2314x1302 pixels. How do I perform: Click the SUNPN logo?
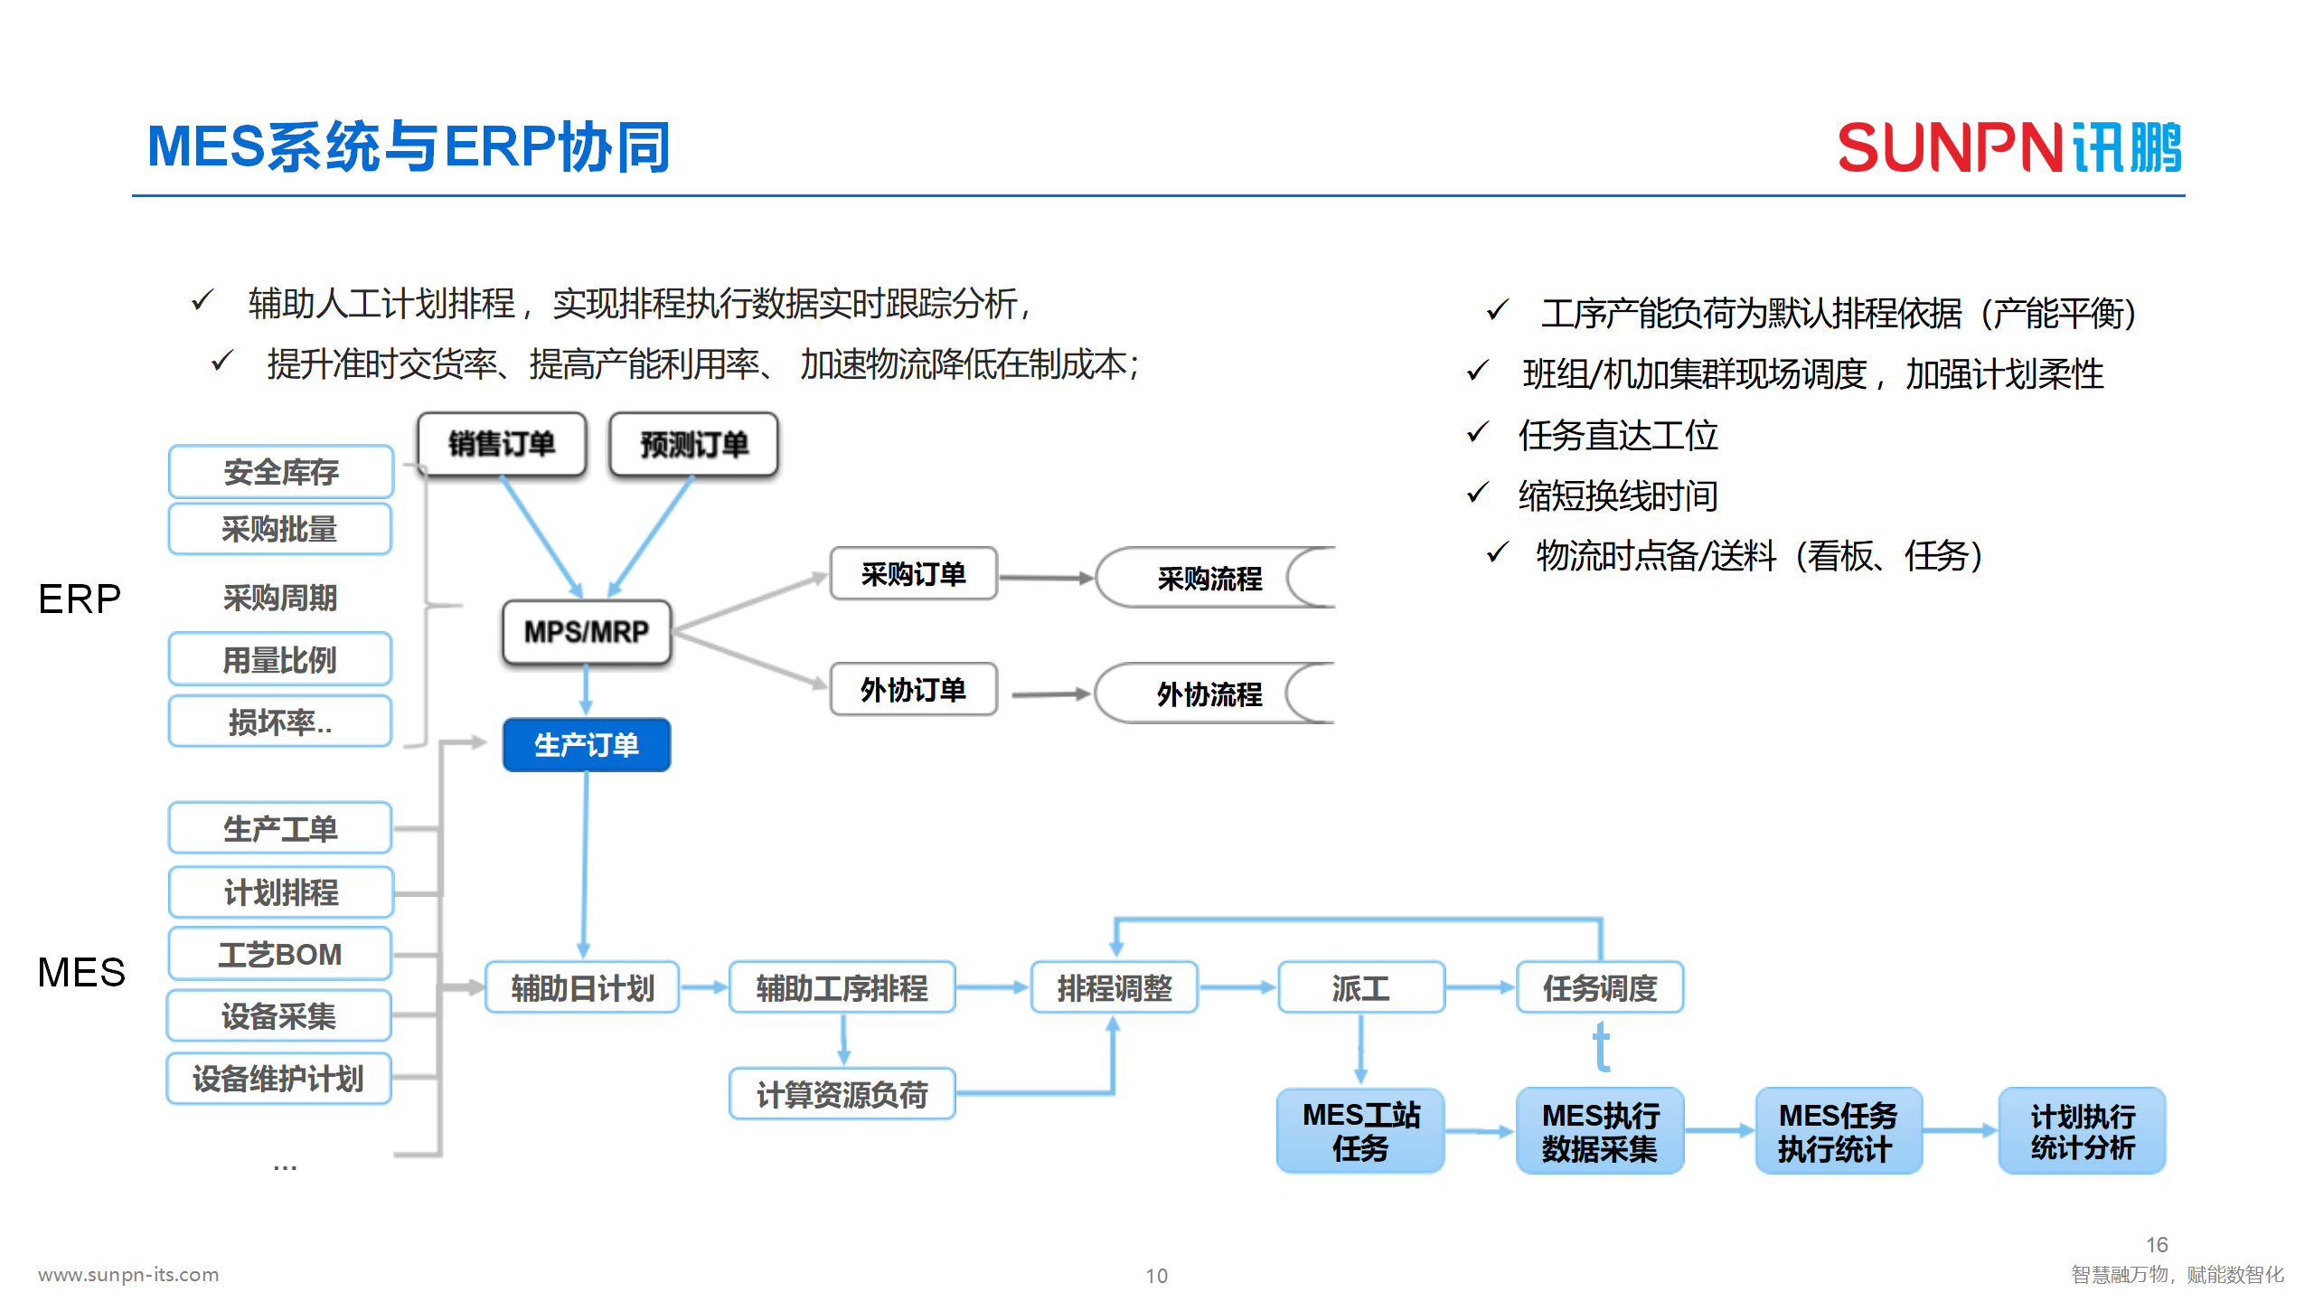point(2008,147)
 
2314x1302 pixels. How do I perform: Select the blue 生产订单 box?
point(587,745)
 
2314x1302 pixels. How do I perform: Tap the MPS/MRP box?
point(587,632)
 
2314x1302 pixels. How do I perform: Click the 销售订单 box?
point(502,444)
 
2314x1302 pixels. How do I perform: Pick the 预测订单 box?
point(694,444)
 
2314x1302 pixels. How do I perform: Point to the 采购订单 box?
point(913,574)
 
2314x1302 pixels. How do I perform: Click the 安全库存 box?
point(280,471)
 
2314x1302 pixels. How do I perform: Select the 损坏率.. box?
point(280,722)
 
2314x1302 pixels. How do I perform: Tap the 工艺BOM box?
point(280,954)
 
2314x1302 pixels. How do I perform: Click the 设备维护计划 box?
point(278,1079)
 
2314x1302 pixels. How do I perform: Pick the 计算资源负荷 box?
point(842,1095)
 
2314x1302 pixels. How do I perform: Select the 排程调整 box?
point(1115,988)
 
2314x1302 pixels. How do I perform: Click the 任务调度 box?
point(1599,988)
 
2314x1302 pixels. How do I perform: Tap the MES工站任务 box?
point(1360,1131)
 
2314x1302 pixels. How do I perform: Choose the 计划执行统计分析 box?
point(2082,1131)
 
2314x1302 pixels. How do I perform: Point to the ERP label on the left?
point(80,599)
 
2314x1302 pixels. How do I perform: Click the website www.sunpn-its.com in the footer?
point(128,1274)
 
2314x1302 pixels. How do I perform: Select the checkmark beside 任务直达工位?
point(1477,433)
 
